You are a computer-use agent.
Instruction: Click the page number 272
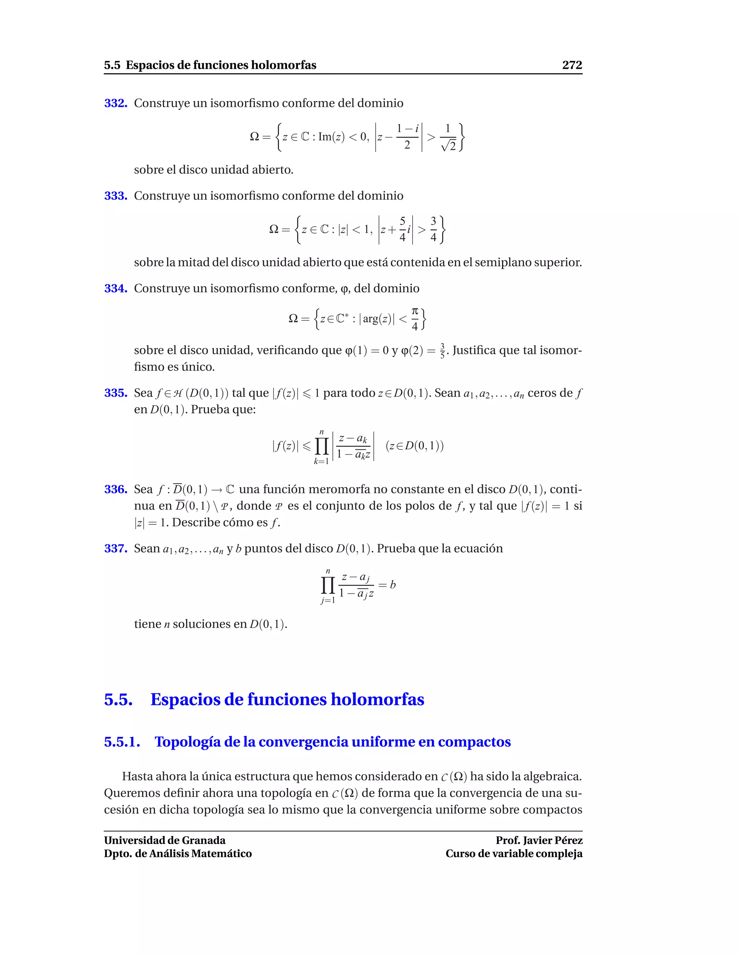click(x=572, y=65)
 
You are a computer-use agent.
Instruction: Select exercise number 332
click(x=115, y=103)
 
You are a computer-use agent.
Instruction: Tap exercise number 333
click(x=115, y=196)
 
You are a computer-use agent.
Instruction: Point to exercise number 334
click(x=115, y=289)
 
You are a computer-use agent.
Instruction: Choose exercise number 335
click(x=115, y=393)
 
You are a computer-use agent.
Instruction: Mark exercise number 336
click(x=115, y=489)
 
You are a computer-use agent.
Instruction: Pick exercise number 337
click(x=115, y=548)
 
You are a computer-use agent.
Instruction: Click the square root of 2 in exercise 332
click(x=449, y=145)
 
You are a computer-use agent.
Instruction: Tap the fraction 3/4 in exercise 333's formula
click(x=433, y=229)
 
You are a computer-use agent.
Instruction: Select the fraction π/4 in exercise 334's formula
click(x=415, y=319)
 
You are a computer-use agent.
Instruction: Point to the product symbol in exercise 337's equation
click(x=328, y=585)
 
